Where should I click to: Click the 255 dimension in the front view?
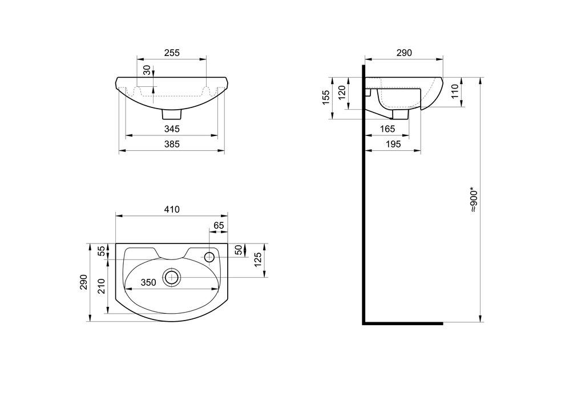click(x=172, y=53)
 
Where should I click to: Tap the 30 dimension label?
click(x=147, y=70)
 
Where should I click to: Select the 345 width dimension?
click(x=172, y=129)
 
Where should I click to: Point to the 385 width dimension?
click(x=172, y=144)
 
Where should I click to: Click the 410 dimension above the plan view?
click(x=172, y=210)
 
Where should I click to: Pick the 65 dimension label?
click(x=219, y=225)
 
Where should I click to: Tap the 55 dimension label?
click(x=102, y=251)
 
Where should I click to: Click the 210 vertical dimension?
click(x=102, y=286)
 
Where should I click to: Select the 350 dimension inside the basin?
click(x=148, y=282)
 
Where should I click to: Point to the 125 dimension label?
click(x=258, y=259)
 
